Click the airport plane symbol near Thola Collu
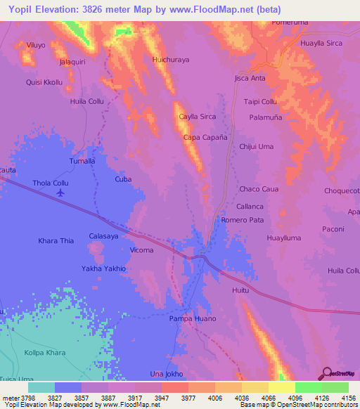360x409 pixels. [60, 192]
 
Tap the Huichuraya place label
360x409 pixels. [171, 60]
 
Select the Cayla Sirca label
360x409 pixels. [197, 117]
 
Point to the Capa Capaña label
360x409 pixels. [205, 138]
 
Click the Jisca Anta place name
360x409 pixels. [250, 78]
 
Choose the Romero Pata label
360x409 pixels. [242, 220]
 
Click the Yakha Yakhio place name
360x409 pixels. [103, 268]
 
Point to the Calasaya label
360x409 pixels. [103, 236]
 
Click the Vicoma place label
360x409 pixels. [142, 250]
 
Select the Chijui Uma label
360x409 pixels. [256, 146]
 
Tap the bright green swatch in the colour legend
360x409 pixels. [308, 387]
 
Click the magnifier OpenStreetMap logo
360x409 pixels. [326, 373]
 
